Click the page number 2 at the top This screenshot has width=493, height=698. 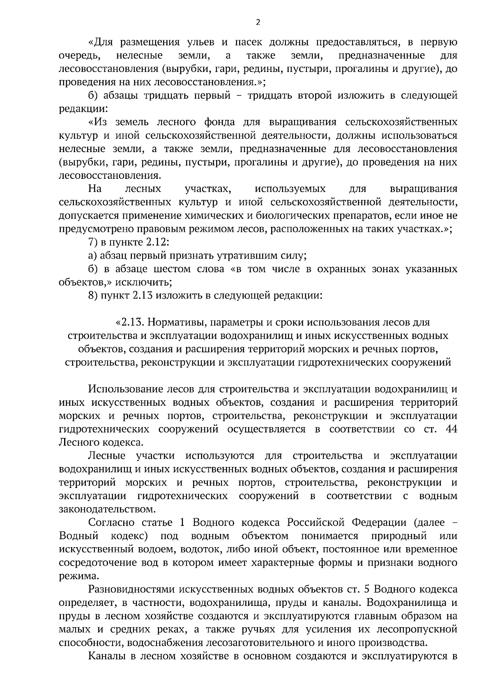click(x=258, y=23)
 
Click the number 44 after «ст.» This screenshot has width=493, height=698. click(x=451, y=429)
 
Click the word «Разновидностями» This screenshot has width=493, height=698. click(x=131, y=589)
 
